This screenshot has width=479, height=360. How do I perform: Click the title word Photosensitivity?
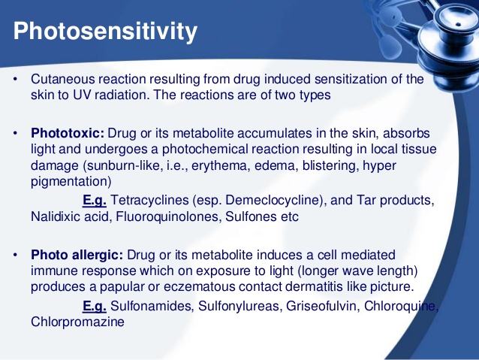click(106, 32)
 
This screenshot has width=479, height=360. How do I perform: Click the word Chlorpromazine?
click(77, 322)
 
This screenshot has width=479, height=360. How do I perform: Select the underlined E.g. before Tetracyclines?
click(94, 201)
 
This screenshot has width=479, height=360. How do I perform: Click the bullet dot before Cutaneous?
click(14, 80)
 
